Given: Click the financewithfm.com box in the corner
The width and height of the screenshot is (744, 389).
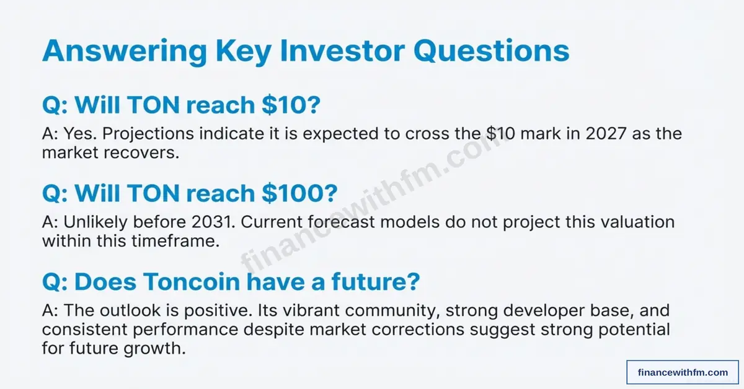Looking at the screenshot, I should tap(683, 372).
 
